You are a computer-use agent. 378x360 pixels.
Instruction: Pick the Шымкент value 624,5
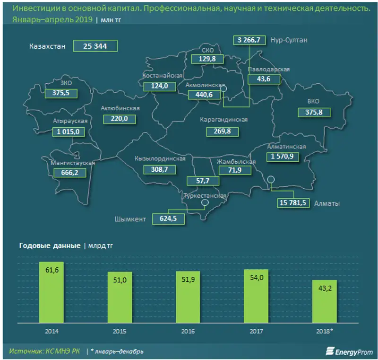pos(168,219)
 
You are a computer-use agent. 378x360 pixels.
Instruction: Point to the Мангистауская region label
pos(73,163)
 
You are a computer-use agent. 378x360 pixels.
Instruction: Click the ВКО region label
pos(314,101)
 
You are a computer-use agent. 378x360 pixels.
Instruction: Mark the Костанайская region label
pos(163,76)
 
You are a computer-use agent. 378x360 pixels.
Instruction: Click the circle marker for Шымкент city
pos(205,203)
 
